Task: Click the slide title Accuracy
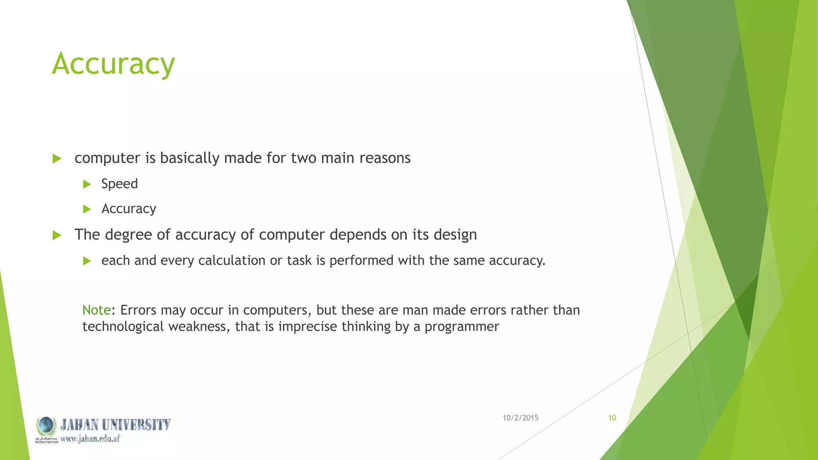coord(113,64)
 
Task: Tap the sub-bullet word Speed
coord(119,184)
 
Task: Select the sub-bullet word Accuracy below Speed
coord(129,209)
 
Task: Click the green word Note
coord(96,310)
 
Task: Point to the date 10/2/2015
coord(520,418)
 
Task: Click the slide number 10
coord(612,418)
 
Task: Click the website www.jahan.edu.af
coord(90,438)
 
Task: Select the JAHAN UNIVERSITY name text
coord(115,424)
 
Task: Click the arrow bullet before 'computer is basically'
coord(57,159)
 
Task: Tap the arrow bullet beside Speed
coord(87,184)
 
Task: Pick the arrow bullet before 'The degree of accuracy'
coord(57,235)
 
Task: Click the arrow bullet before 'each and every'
coord(87,261)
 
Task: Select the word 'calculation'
coord(232,260)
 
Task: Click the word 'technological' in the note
coord(123,327)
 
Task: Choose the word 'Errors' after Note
coord(138,310)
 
